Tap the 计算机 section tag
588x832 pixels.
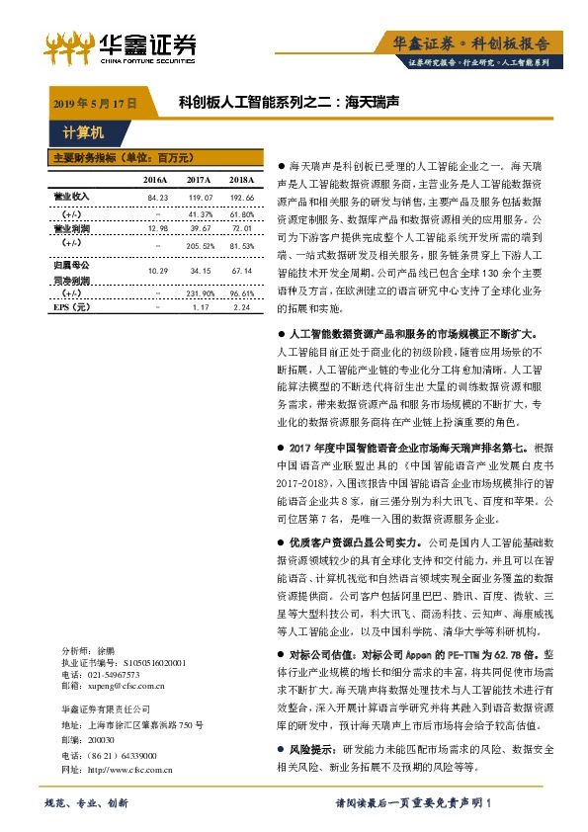tap(83, 131)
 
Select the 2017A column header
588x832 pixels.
tap(200, 179)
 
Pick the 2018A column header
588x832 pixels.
tap(242, 179)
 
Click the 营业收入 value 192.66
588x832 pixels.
tap(242, 198)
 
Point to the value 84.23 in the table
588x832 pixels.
tap(158, 198)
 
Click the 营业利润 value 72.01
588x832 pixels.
tap(242, 227)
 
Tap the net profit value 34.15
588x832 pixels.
tap(201, 270)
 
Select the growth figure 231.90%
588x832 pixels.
tap(201, 293)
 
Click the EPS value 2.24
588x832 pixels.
tap(242, 307)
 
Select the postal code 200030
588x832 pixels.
tap(102, 738)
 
